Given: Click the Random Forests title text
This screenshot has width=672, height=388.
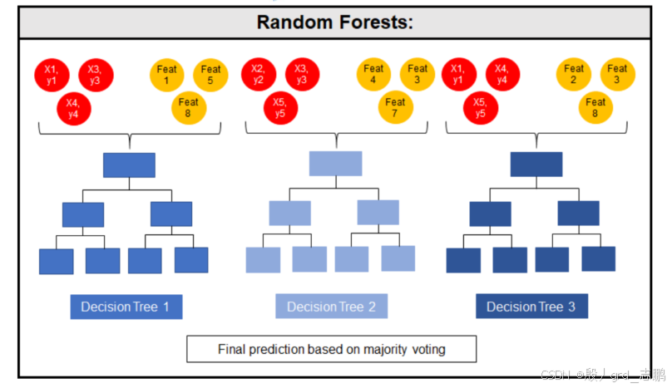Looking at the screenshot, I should tap(334, 22).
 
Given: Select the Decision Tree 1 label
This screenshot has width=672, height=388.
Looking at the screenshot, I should tap(126, 307).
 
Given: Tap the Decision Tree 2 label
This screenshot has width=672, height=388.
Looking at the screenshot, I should tap(331, 307).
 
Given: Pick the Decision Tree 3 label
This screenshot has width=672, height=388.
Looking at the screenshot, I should tap(531, 307).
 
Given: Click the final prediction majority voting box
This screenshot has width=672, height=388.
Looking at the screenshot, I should tap(331, 349).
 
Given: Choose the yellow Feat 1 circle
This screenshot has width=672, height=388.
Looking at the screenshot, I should tap(166, 75).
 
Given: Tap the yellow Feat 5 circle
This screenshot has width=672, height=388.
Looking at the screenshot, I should tap(211, 75).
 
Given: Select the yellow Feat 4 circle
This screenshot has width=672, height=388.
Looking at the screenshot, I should tap(374, 75).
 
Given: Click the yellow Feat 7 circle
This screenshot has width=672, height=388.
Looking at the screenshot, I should tap(396, 108).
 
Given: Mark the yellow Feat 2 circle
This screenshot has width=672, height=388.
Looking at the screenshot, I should tap(574, 75).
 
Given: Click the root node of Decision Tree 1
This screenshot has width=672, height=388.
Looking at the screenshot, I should tap(129, 165).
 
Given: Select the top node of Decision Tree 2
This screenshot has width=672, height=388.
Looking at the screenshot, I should tap(335, 163).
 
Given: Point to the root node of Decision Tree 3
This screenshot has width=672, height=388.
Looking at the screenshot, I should tap(536, 165).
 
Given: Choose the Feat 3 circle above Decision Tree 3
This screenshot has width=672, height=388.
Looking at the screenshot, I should tap(617, 75).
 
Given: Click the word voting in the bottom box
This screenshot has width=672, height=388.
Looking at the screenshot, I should tap(426, 350).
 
